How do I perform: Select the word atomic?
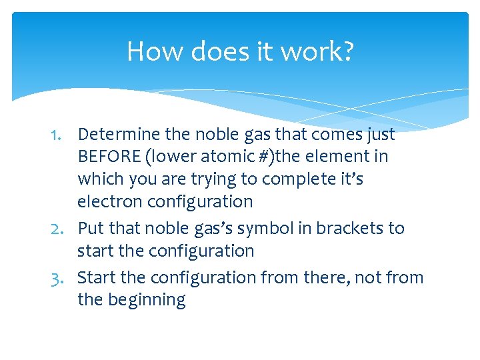213,157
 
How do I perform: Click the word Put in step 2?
91,229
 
